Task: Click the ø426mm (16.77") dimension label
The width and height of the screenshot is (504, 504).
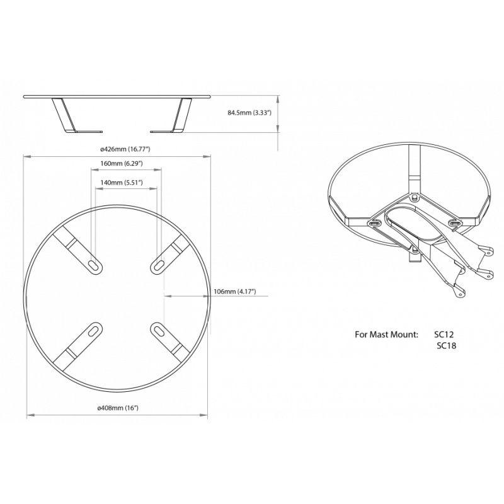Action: pos(125,149)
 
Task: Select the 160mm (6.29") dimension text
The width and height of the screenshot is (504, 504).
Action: pos(122,164)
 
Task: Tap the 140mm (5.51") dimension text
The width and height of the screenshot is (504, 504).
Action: pos(122,183)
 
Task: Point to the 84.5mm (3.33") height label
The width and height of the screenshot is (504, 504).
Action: pos(250,113)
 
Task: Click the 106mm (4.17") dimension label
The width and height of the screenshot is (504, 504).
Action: pos(234,292)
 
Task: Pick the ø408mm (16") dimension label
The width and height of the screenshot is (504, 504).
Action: pos(118,408)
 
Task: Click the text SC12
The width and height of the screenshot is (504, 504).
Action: pos(444,335)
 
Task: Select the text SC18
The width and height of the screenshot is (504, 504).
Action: pos(447,346)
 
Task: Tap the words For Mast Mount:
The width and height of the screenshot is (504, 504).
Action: pos(387,335)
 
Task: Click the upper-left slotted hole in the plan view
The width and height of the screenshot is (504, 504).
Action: pos(94,266)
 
